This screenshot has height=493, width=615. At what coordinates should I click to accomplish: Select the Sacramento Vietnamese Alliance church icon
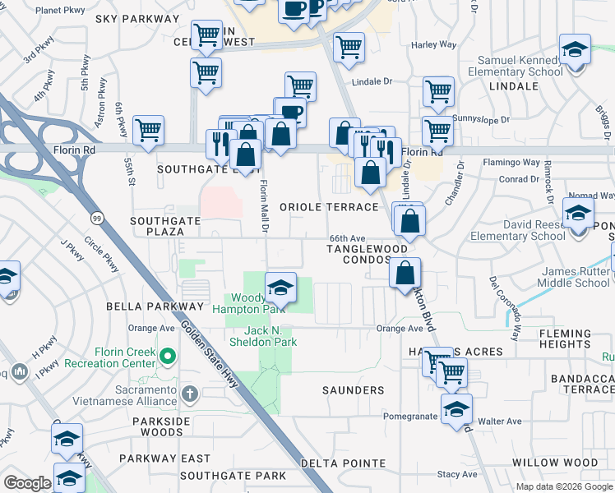click(x=190, y=394)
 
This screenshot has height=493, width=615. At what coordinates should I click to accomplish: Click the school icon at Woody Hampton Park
click(x=280, y=288)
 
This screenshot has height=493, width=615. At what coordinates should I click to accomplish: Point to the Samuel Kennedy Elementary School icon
click(x=576, y=49)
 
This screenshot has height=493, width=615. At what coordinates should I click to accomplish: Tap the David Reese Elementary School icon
click(x=578, y=214)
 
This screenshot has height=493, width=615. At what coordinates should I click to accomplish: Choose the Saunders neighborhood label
click(x=353, y=390)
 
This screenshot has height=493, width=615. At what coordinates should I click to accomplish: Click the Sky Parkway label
click(x=132, y=18)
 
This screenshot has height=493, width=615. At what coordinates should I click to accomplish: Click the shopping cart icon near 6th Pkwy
click(x=148, y=131)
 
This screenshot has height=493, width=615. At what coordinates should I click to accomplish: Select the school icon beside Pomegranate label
click(x=456, y=409)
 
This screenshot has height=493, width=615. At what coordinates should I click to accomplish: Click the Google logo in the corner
click(x=27, y=483)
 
